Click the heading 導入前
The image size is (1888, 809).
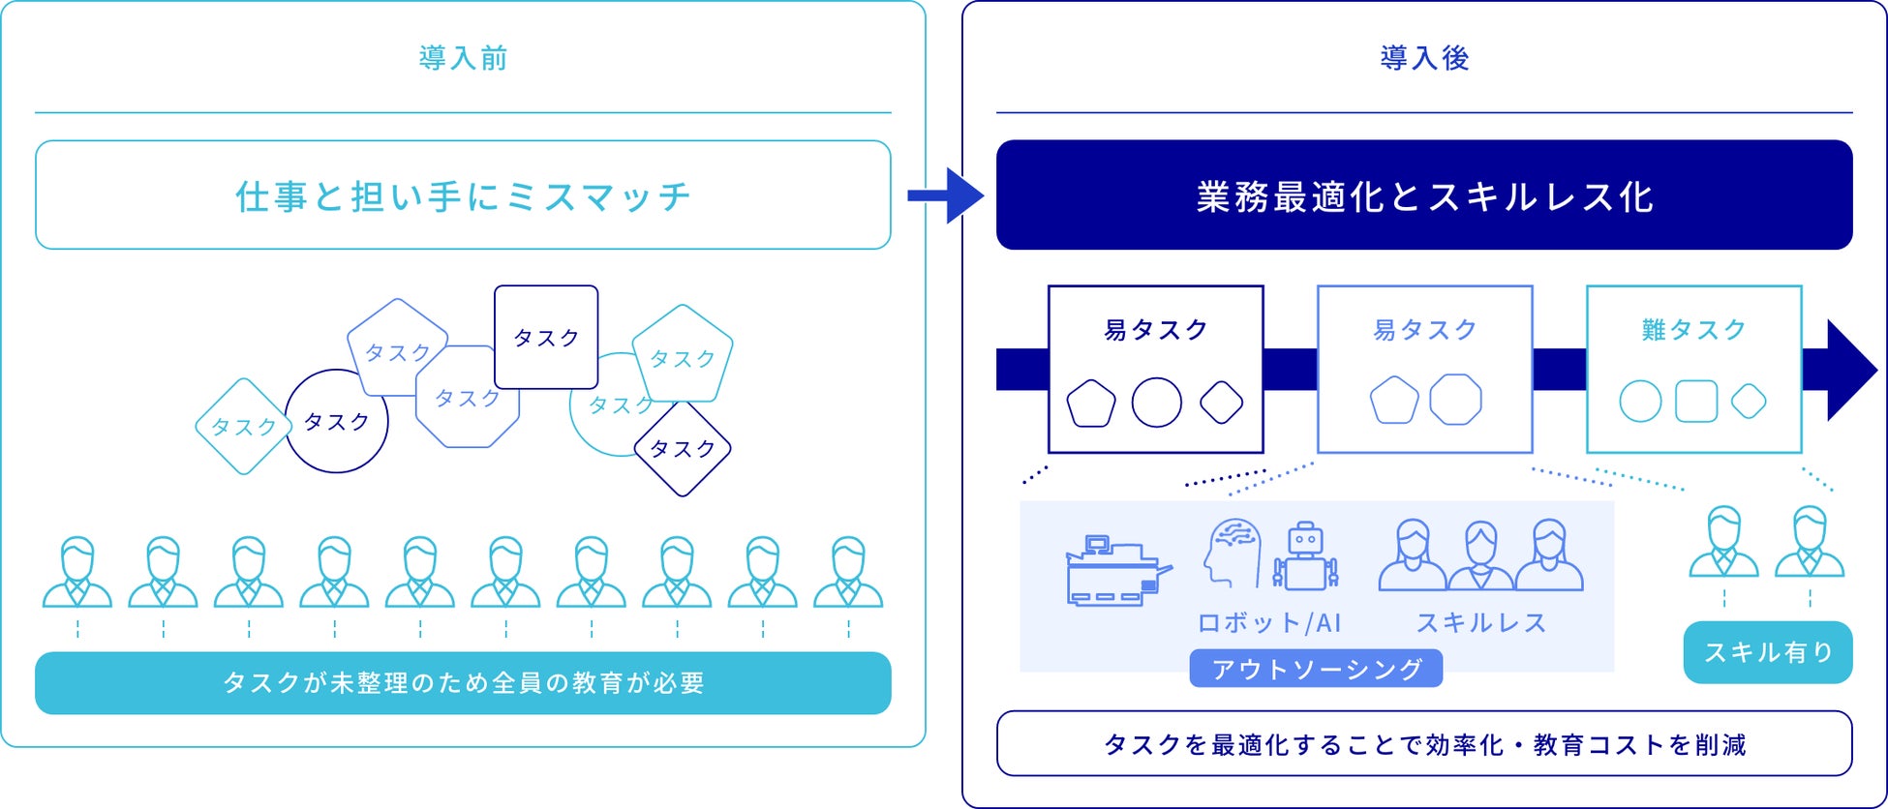(x=463, y=58)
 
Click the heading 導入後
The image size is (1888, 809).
(x=1424, y=58)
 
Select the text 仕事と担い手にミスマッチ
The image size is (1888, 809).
(x=463, y=196)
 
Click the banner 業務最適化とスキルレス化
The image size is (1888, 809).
(x=1424, y=195)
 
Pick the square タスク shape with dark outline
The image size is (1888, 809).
(x=546, y=337)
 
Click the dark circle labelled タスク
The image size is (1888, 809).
(x=337, y=421)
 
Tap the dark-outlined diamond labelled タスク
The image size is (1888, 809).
(x=683, y=449)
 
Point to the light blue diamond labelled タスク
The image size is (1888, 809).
(x=243, y=427)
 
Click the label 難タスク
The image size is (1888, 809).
(x=1693, y=330)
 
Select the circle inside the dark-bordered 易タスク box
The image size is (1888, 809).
(x=1156, y=402)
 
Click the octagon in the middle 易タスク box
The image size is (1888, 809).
(x=1455, y=400)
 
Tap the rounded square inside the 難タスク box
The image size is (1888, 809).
(x=1695, y=401)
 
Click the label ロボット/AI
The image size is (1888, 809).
(x=1269, y=623)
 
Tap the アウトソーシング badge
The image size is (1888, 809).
(x=1316, y=669)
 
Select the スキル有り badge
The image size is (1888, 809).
(x=1768, y=652)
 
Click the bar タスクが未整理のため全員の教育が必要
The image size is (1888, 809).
(x=463, y=683)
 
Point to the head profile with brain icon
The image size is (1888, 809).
(x=1233, y=553)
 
